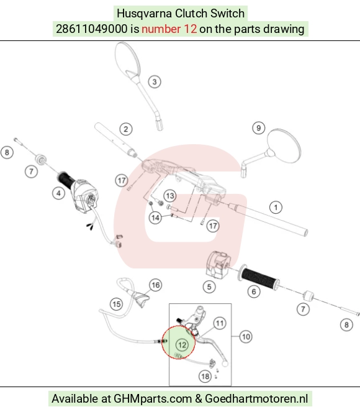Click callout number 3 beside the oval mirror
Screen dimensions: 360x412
click(x=155, y=82)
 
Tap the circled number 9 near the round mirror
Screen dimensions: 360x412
click(x=258, y=128)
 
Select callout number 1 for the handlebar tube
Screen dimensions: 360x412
click(x=276, y=208)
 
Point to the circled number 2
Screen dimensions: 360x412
click(x=125, y=129)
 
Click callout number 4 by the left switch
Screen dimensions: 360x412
click(x=58, y=193)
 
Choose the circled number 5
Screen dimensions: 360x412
click(x=209, y=286)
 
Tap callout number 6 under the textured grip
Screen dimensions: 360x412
click(x=253, y=291)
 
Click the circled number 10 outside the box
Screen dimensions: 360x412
click(x=246, y=337)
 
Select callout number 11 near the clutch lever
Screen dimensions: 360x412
click(x=220, y=323)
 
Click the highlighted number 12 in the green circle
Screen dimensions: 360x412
click(x=182, y=345)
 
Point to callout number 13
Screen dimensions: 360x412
click(x=170, y=196)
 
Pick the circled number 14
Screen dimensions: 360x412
click(x=155, y=217)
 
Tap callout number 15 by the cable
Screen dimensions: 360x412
click(x=116, y=304)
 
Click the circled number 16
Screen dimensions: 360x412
click(x=156, y=285)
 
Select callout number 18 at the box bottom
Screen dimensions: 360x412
click(x=205, y=377)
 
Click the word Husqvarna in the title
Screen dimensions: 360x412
click(x=144, y=14)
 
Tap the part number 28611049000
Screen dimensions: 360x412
click(x=92, y=29)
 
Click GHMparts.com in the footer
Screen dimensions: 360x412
click(x=153, y=398)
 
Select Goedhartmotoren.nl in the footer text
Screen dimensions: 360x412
click(x=256, y=398)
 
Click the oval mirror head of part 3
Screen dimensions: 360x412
click(x=127, y=61)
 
